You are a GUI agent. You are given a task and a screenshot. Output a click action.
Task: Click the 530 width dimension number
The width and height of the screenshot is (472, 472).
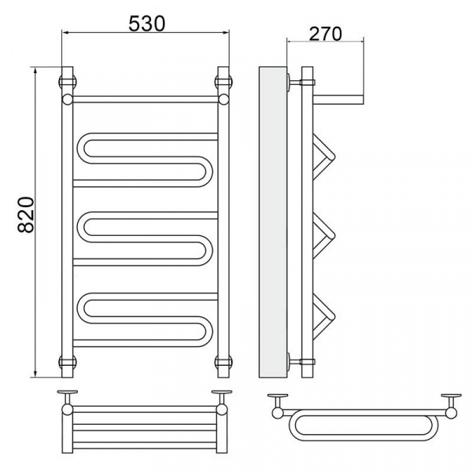click(147, 24)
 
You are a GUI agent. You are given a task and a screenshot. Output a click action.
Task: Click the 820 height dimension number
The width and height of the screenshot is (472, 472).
click(26, 215)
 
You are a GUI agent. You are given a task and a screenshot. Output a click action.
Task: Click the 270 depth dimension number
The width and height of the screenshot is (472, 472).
click(326, 34)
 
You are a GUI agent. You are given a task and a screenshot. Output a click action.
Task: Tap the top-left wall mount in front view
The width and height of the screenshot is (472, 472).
click(68, 82)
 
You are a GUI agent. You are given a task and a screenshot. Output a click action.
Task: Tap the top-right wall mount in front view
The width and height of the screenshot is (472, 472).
click(223, 82)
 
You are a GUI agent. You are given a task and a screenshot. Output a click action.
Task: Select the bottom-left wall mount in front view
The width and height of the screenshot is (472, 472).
click(68, 362)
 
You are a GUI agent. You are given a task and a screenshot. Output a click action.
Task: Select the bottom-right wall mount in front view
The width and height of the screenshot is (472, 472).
click(223, 362)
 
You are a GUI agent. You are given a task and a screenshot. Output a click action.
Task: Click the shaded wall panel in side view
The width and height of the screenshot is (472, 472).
click(273, 222)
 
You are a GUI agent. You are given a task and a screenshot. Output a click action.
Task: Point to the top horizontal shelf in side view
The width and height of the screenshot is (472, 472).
click(338, 100)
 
